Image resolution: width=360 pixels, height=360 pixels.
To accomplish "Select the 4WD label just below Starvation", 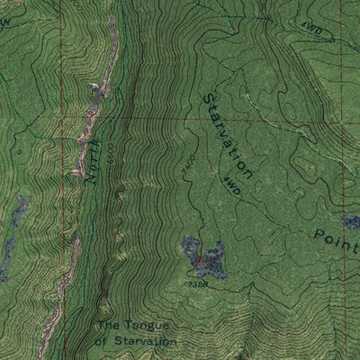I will (x=231, y=186).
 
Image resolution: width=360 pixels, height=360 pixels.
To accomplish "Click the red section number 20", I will (x=204, y=260).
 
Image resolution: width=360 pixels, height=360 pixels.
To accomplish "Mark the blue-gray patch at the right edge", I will (x=351, y=221).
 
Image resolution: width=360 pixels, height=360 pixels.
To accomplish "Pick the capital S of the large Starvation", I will (x=208, y=98).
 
